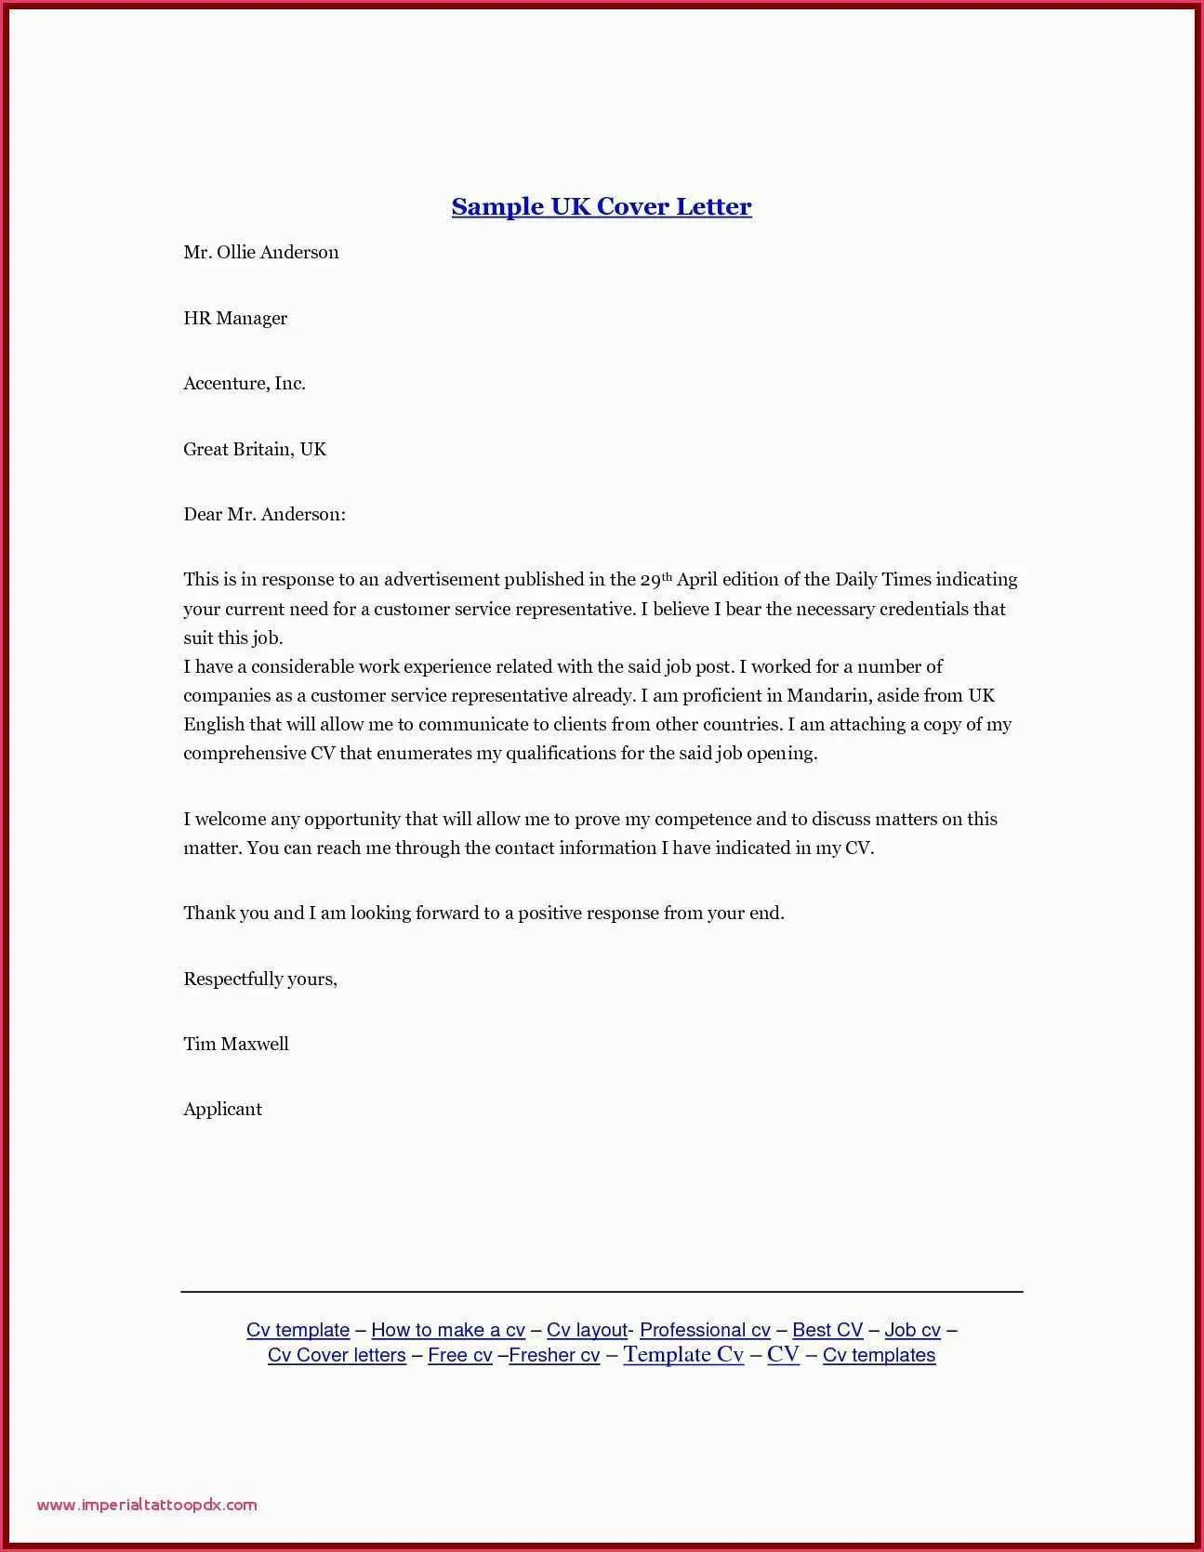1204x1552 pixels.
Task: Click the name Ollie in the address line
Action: [235, 253]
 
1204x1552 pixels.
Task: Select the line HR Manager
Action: [235, 318]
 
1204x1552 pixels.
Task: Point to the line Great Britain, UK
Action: [255, 450]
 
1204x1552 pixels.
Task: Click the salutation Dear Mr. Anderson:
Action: [264, 515]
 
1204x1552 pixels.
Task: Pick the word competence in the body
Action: [702, 820]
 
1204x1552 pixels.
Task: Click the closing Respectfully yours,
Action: [260, 979]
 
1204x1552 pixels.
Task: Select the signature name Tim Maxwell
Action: [236, 1044]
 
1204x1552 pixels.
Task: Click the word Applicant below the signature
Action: [222, 1109]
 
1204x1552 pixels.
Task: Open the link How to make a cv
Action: [448, 1330]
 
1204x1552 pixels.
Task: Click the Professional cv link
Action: [705, 1330]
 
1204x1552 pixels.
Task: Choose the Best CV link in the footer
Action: [827, 1330]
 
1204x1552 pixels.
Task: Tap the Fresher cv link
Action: [554, 1355]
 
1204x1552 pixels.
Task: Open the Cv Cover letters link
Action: [337, 1355]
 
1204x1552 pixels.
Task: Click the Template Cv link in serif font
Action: [683, 1354]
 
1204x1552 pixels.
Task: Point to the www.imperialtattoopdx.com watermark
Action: [147, 1505]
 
